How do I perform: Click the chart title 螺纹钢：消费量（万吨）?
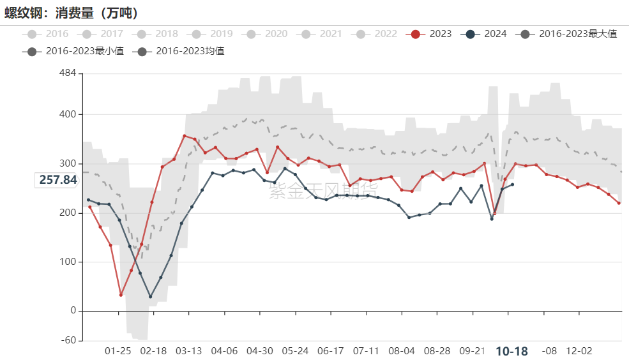coord(72,13)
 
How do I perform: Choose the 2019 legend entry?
coord(213,34)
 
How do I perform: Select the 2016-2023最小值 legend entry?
coord(76,51)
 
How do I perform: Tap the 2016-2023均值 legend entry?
coord(182,51)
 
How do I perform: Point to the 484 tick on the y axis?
coord(67,73)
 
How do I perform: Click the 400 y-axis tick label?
coord(67,114)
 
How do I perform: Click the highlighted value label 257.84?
coord(58,180)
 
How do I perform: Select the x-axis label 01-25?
coord(118,351)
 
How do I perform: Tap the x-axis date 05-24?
coord(295,351)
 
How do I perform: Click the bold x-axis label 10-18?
coord(512,351)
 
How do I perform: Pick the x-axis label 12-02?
coord(579,351)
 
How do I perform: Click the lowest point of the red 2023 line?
coord(121,295)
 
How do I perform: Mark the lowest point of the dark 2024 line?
coord(151,297)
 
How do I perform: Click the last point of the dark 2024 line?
coord(512,184)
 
